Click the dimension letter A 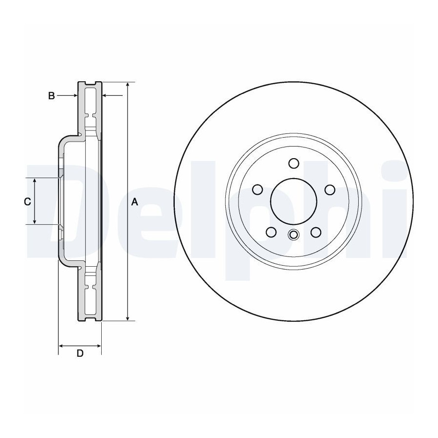click(x=135, y=201)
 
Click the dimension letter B click(x=52, y=96)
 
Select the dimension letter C click(x=27, y=201)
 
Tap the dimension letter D click(x=80, y=353)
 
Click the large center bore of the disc click(x=293, y=201)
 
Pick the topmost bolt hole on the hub click(x=293, y=163)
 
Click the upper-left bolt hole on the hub click(x=257, y=189)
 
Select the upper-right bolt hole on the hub click(x=330, y=189)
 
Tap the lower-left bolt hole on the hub click(x=271, y=232)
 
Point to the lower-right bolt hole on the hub click(x=316, y=232)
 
